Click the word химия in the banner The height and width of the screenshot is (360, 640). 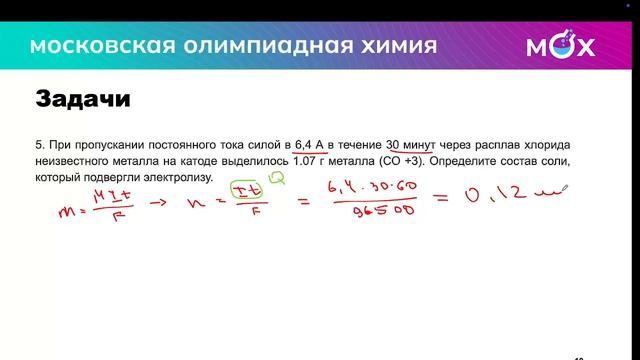click(x=398, y=47)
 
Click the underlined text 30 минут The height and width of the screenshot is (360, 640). click(x=409, y=144)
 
